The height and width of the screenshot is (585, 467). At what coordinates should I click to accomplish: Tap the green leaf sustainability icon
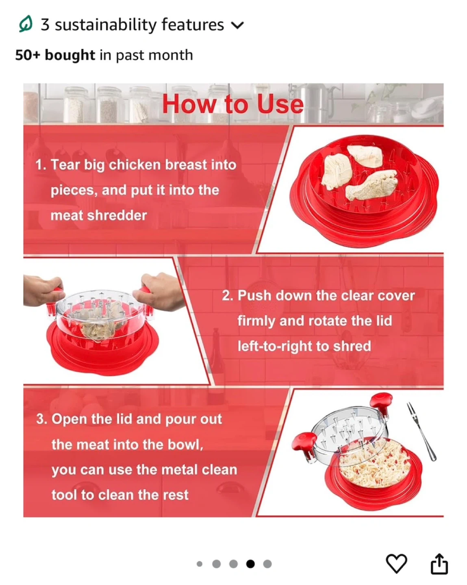coord(26,24)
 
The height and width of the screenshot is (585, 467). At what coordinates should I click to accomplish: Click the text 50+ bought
coord(55,55)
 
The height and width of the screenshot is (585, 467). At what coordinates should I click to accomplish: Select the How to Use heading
coord(233,104)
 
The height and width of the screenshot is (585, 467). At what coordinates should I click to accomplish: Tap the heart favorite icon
coord(397,564)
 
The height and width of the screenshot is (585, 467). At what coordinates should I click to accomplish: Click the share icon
coord(439,563)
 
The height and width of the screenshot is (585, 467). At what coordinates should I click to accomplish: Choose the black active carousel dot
coord(250,564)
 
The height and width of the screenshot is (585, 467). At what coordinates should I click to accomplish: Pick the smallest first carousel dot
coord(200,564)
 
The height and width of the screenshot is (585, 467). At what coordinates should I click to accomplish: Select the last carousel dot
coord(267,564)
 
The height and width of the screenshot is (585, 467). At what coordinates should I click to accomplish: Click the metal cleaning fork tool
coord(421,431)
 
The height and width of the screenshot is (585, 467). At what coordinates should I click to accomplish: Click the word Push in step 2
coord(254,295)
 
